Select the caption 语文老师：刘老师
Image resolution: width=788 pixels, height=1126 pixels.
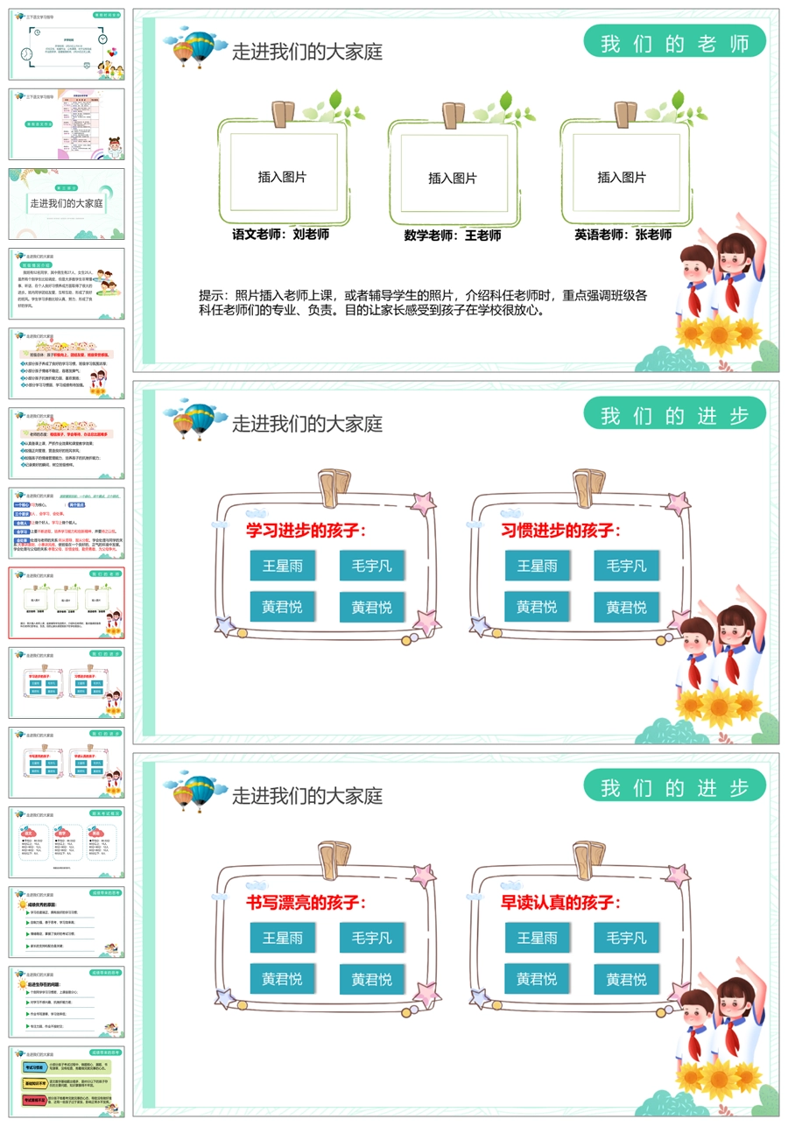[280, 235]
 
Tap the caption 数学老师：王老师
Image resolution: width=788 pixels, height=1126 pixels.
[452, 236]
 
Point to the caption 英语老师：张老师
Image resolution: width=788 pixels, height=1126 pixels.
[623, 235]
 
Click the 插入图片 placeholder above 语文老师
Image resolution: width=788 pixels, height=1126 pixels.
[282, 177]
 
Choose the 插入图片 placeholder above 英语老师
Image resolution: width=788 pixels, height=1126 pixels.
[622, 177]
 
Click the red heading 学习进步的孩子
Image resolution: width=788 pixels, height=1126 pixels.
[306, 531]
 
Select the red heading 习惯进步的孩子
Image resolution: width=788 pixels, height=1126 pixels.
[560, 531]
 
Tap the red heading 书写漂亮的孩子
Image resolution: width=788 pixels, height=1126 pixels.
[306, 903]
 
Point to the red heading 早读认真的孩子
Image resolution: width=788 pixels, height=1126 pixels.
[560, 903]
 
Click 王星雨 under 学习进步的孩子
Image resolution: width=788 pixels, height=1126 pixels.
[282, 566]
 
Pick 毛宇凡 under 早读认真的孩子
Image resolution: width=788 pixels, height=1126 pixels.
[626, 938]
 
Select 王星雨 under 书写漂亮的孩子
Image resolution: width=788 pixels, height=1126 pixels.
[282, 938]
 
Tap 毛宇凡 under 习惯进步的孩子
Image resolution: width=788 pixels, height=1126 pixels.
[626, 566]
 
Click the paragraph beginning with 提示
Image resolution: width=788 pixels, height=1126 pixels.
[423, 302]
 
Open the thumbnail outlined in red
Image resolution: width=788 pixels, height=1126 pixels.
[67, 602]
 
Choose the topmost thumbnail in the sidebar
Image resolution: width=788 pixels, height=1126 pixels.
[67, 45]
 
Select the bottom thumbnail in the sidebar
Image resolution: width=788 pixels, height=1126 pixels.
[67, 1080]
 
